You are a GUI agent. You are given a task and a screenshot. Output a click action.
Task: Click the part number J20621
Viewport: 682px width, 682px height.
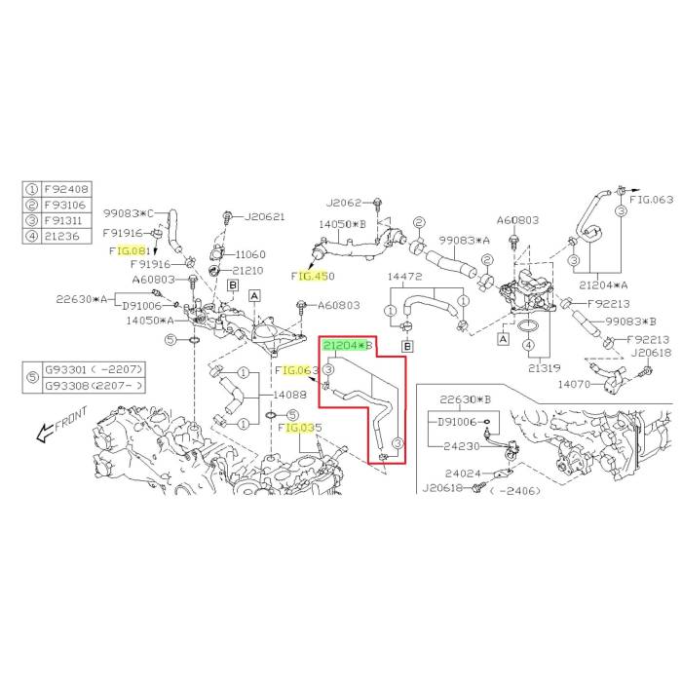click(x=262, y=216)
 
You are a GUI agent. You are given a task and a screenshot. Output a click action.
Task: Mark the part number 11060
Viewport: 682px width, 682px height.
click(x=250, y=253)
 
